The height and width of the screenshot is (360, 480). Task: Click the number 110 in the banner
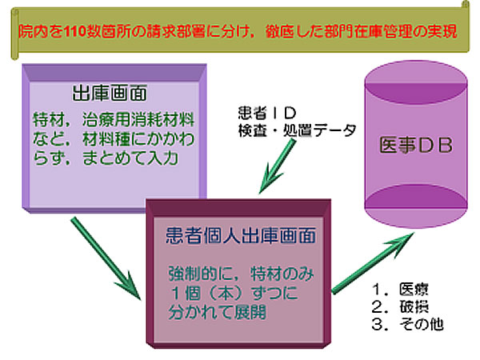[x=75, y=31]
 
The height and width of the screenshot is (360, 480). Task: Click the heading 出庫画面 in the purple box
[x=110, y=93]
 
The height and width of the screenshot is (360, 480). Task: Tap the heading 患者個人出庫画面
[x=240, y=236]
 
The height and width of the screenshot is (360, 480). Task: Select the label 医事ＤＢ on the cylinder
[x=416, y=145]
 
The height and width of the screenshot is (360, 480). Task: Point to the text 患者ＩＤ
[x=267, y=113]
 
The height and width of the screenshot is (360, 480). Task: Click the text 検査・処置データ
[x=297, y=130]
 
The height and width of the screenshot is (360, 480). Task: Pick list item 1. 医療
[x=400, y=289]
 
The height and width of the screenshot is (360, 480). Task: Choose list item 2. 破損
[x=400, y=306]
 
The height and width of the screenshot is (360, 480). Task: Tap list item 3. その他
[x=407, y=324]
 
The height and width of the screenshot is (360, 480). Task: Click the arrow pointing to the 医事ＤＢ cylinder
[x=373, y=263]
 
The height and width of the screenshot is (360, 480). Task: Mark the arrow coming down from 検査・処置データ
[x=277, y=166]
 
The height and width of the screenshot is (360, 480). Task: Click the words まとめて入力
[x=130, y=158]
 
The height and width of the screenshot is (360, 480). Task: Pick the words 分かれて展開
[x=217, y=312]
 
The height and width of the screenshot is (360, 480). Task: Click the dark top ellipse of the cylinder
[x=416, y=90]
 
